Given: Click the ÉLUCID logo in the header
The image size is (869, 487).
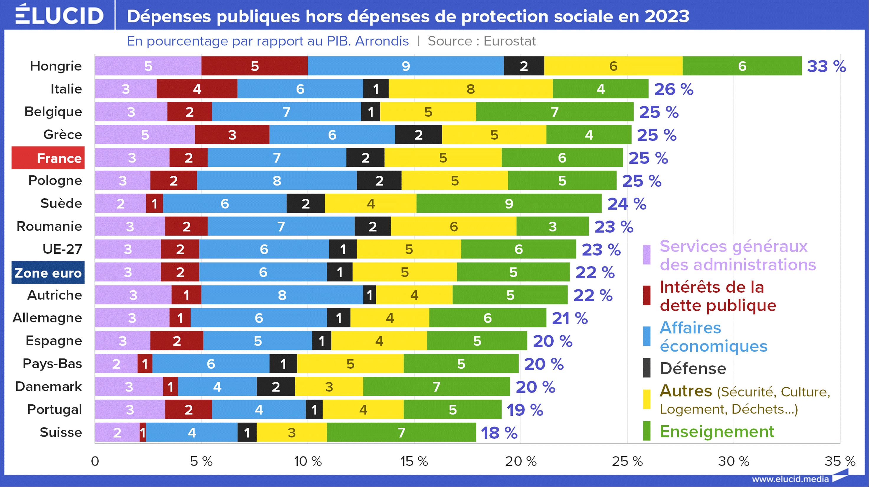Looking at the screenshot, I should [59, 15].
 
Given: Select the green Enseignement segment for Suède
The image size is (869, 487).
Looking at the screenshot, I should [509, 203].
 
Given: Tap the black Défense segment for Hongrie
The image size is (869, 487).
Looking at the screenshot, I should [524, 66].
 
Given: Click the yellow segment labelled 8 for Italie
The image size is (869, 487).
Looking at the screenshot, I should [470, 89].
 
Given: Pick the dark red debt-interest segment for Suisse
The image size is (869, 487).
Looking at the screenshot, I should [143, 432].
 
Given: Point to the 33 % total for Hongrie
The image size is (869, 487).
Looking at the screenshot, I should [826, 66].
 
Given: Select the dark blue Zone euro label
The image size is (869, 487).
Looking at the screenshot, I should [48, 273].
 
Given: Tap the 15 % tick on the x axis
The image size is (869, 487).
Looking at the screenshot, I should [414, 461].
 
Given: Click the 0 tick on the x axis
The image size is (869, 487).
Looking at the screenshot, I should [95, 461].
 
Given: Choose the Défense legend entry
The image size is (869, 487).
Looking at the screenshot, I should [693, 368].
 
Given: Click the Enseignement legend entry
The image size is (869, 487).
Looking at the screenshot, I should [716, 431].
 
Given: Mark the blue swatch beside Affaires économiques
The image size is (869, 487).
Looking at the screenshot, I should [647, 336].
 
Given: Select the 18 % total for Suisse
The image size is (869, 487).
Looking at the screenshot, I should [499, 433].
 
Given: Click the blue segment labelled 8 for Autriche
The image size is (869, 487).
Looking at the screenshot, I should [282, 295].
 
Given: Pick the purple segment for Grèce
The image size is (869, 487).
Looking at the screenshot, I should [145, 135].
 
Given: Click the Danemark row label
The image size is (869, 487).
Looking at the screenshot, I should [49, 386].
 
